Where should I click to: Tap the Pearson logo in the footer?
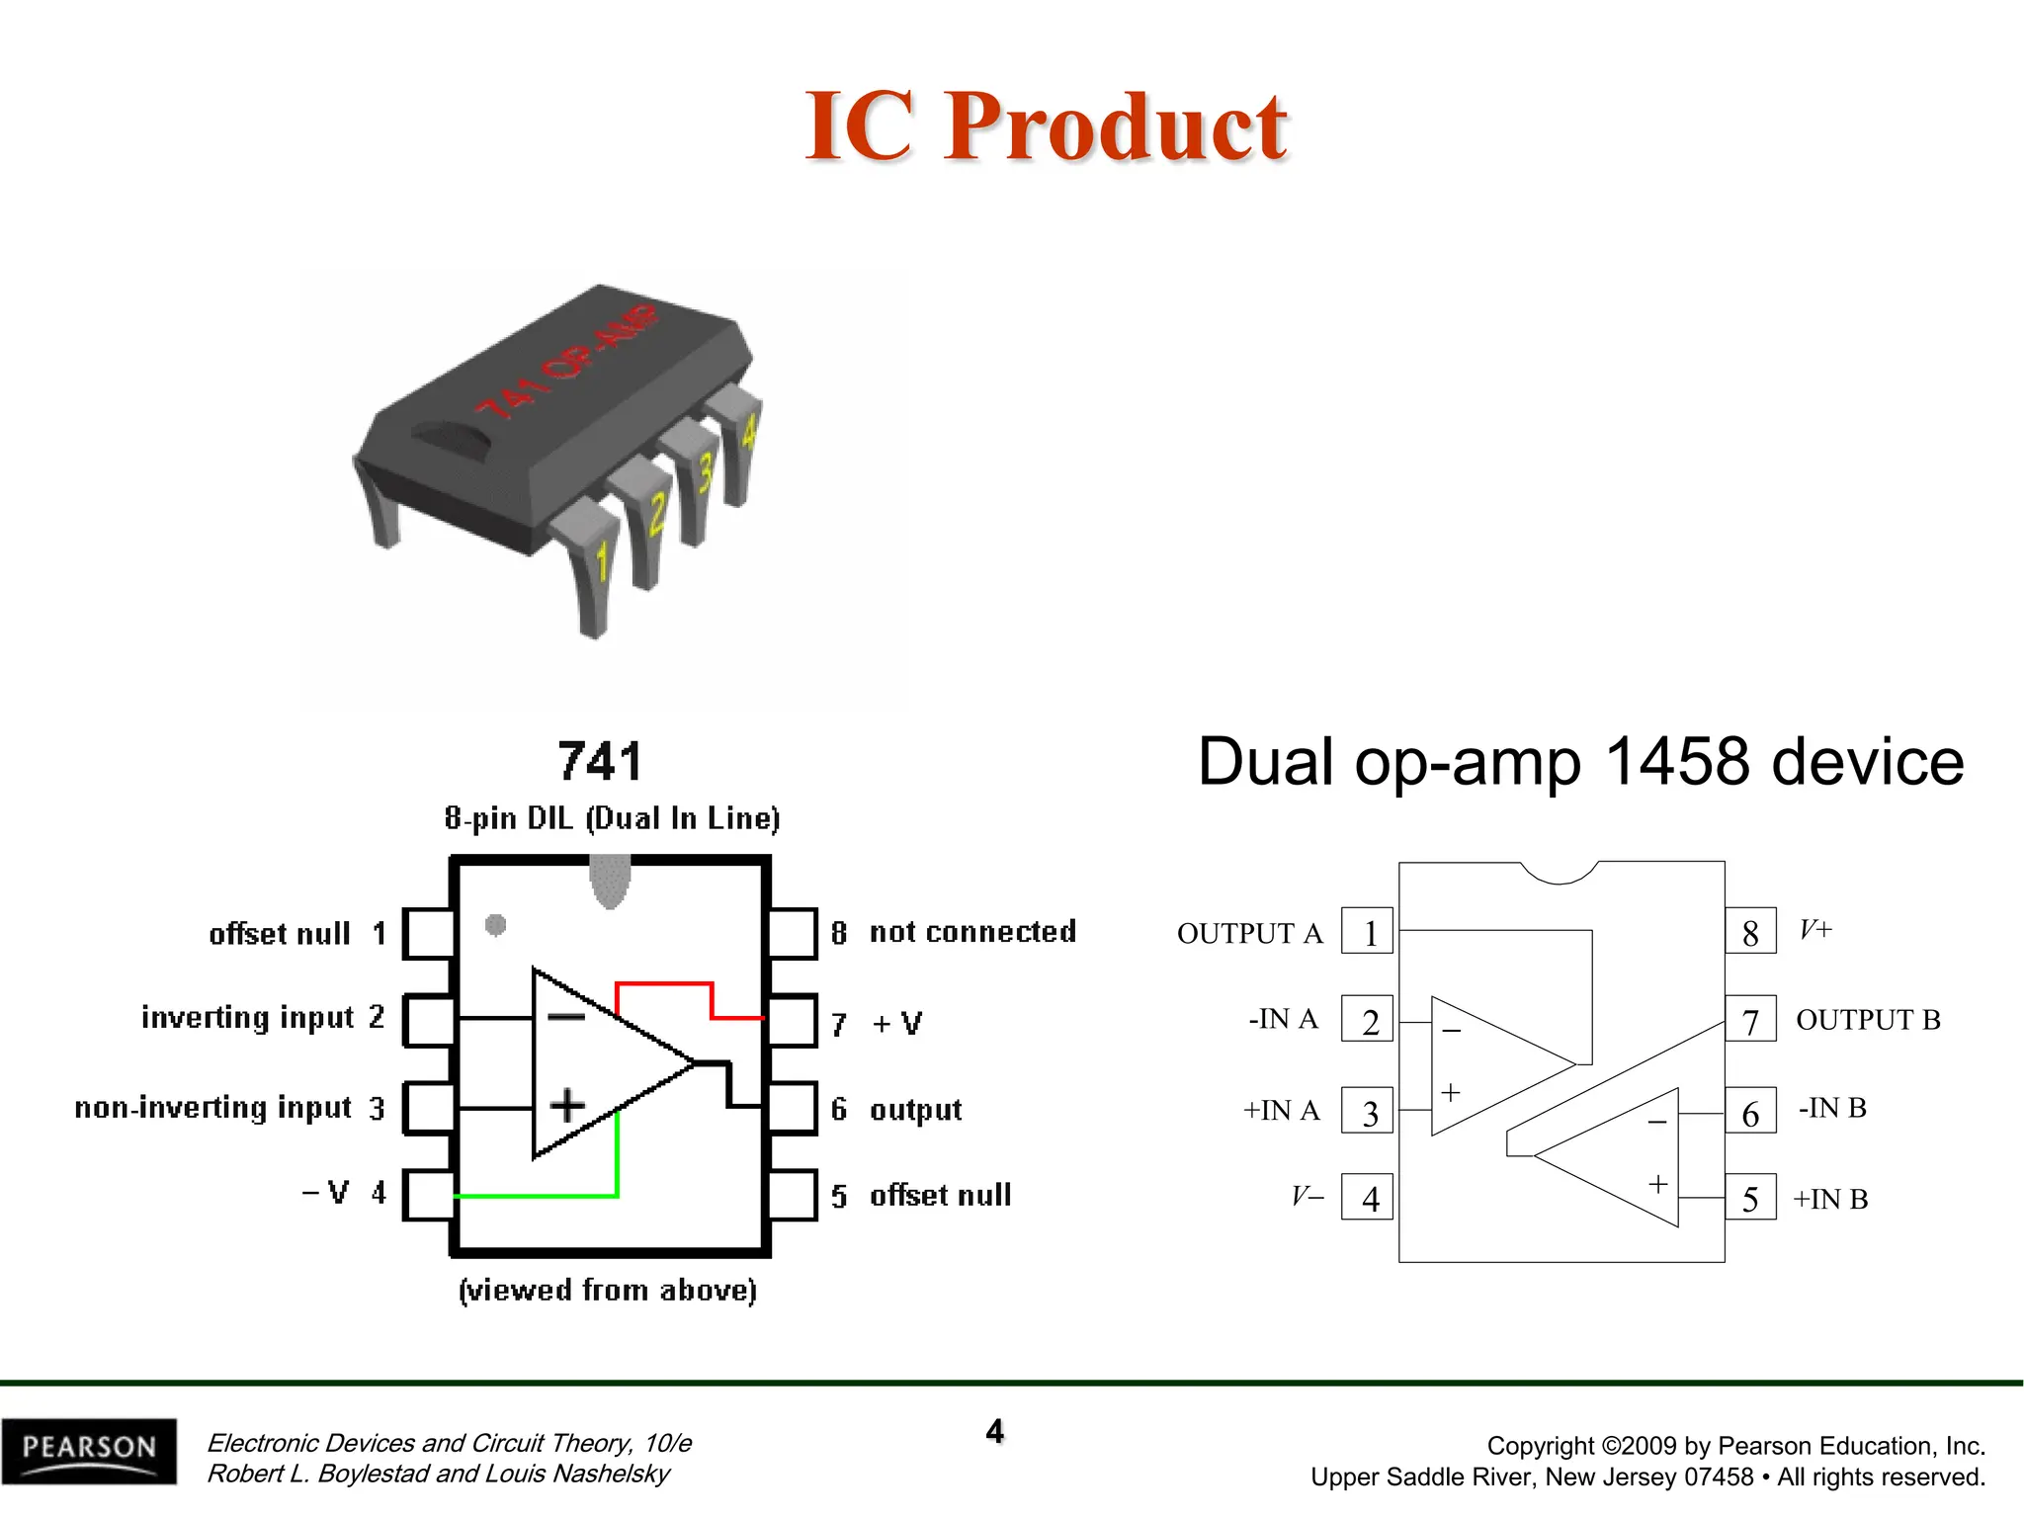point(89,1450)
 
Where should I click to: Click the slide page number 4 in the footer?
point(994,1430)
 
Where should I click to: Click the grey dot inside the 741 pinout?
point(496,925)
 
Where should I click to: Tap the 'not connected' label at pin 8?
point(972,932)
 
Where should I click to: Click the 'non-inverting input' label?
point(213,1108)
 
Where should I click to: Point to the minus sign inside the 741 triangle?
point(566,1017)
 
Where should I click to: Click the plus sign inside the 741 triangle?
point(567,1105)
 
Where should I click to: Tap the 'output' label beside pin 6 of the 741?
point(915,1110)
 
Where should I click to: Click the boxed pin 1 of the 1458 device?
point(1367,931)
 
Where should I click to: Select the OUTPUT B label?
point(1868,1020)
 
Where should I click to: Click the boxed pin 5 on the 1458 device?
point(1750,1198)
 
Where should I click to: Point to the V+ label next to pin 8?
point(1815,929)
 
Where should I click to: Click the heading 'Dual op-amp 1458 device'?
point(1580,762)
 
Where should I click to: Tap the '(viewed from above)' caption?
point(608,1290)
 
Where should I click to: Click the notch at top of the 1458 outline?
point(1560,873)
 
